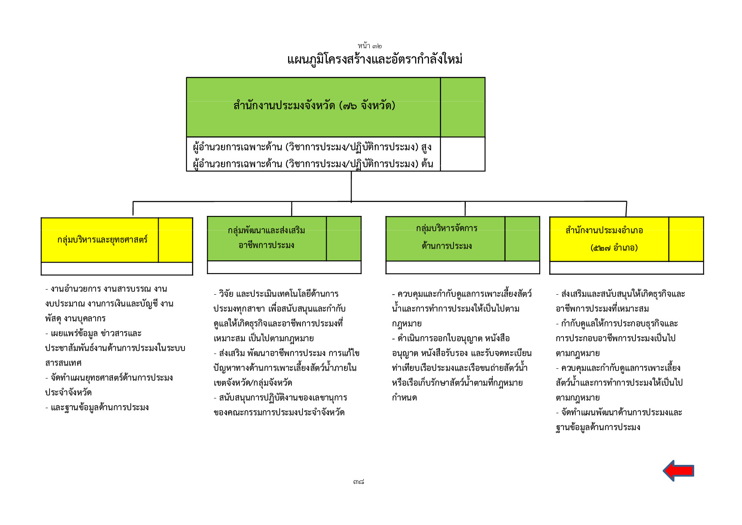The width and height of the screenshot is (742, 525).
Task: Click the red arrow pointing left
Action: pos(678,471)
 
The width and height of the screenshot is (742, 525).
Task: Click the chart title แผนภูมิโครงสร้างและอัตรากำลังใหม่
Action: pos(375,59)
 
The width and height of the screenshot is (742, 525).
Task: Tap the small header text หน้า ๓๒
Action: pos(370,46)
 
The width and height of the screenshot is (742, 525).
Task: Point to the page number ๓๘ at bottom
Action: pos(359,482)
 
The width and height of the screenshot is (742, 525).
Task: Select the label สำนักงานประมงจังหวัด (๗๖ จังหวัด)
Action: pos(314,105)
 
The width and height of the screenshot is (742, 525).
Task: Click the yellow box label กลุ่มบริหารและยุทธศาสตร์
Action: pos(102,240)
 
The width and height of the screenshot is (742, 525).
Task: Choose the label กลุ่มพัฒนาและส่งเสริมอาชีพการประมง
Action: pos(267,238)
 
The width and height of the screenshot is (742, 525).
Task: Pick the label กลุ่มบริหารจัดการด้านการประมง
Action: pos(447,237)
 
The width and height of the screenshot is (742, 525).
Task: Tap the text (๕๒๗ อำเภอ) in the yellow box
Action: pos(614,248)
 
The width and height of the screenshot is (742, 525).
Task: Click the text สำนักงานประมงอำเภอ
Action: pos(604,230)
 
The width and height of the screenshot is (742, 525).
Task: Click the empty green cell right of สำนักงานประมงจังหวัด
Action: pos(463,107)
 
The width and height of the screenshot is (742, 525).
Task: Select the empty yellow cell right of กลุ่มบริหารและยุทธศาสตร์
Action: pos(176,240)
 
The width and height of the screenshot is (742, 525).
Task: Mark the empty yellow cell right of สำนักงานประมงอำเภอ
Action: pos(686,239)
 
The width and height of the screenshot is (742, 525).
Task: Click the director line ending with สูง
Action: pos(312,147)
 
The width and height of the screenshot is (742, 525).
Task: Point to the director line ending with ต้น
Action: pos(313,163)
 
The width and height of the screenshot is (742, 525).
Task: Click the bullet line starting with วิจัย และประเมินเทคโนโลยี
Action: pos(276,294)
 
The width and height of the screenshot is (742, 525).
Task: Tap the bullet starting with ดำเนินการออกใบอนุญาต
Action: pos(451,338)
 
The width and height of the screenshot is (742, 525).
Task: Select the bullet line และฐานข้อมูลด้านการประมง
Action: pos(97,407)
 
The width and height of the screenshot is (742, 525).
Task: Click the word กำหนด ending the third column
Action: pos(404,398)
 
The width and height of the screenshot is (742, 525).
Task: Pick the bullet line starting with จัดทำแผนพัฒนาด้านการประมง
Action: pos(619,412)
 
